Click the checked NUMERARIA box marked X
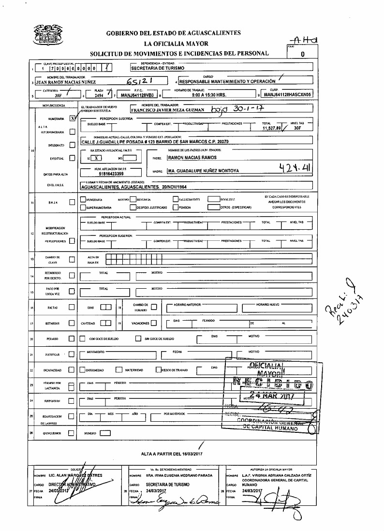tap(72, 118)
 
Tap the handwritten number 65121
tap(139, 81)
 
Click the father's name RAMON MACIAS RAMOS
tap(192, 158)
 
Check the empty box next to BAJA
tap(72, 203)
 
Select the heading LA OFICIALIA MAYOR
tap(174, 44)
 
